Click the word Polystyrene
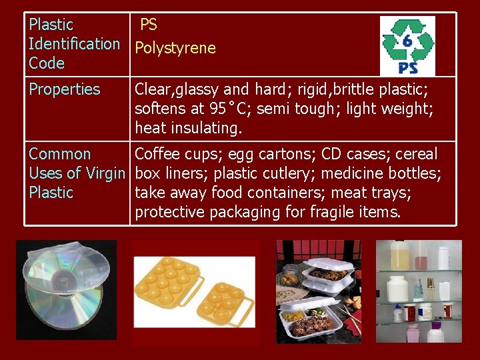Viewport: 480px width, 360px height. [175, 48]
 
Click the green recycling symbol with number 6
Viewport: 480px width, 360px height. [407, 40]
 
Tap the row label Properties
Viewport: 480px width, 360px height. [64, 89]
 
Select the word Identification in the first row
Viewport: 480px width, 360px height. [74, 44]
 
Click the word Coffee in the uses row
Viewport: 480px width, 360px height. [158, 154]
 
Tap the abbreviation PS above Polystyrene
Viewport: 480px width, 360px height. [148, 25]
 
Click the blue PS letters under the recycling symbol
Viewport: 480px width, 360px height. [407, 67]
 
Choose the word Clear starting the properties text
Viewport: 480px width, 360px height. [154, 89]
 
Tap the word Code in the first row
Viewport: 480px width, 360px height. [47, 63]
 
